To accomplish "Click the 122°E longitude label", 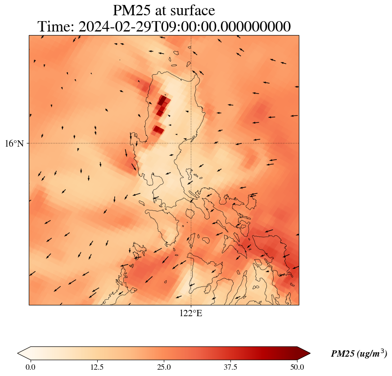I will tap(191, 313).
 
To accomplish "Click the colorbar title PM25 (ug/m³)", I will tap(359, 354).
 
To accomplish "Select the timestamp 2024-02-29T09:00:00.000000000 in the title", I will tap(185, 27).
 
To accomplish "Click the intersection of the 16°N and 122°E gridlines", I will tap(191, 143).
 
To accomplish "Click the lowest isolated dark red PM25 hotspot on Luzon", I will tap(158, 130).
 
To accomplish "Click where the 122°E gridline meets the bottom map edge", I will tap(191, 305).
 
